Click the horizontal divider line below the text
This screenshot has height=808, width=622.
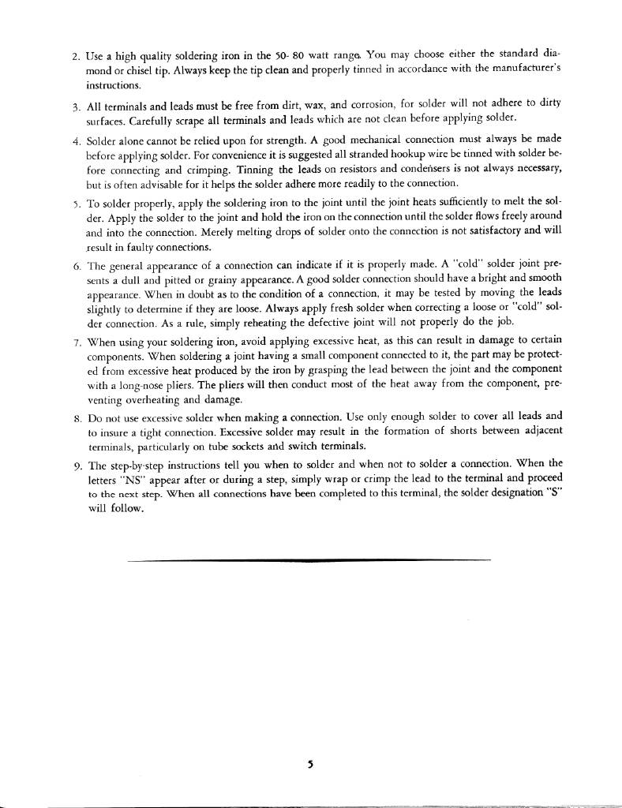click(308, 559)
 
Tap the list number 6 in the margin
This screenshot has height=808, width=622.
click(75, 265)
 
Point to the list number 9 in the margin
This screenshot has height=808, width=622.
click(75, 465)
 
